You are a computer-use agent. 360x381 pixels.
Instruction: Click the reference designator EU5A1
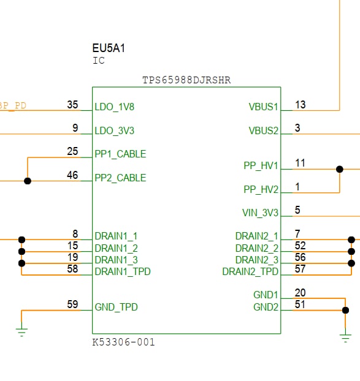pos(109,48)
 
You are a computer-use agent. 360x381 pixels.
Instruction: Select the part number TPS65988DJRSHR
pos(186,80)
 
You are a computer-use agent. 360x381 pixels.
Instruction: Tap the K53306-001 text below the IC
pos(123,342)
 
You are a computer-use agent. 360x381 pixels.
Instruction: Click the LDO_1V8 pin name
pos(114,107)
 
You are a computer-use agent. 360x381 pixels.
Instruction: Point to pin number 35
pos(72,105)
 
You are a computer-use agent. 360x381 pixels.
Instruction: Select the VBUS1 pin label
pos(263,107)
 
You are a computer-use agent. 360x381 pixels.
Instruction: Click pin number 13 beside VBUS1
pos(300,105)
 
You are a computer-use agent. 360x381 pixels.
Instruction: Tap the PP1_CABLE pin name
pos(120,154)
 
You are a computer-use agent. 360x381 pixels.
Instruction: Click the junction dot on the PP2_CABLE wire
pos(28,181)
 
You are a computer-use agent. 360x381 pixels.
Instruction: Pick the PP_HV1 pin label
pos(261,166)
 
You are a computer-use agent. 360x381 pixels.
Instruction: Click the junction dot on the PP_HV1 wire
pos(340,169)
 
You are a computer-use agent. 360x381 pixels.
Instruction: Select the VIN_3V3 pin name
pos(260,213)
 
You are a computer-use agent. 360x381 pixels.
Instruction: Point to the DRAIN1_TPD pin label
pos(123,271)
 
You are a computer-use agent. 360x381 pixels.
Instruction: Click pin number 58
pos(72,269)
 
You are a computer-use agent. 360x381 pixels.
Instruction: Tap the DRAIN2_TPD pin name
pos(250,271)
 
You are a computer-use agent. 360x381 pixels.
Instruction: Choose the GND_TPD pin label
pos(116,307)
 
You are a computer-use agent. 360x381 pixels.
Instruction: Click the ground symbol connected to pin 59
pos(21,331)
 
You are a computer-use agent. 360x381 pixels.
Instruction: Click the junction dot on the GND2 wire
pos(345,311)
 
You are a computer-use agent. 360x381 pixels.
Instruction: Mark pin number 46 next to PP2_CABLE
pos(72,175)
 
